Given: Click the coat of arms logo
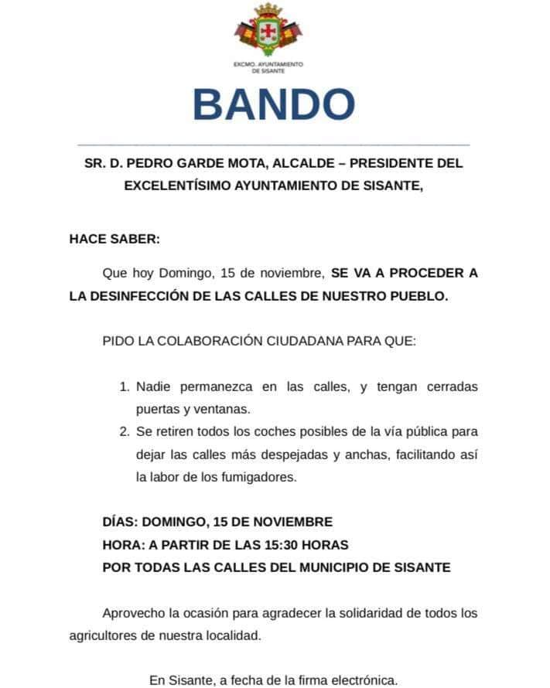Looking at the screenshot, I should (268, 30).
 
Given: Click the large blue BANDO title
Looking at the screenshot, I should (273, 104).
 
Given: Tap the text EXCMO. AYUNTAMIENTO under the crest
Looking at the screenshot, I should (268, 64).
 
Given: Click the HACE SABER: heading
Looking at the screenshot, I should (114, 239).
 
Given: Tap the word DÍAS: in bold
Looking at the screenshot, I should (120, 522).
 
